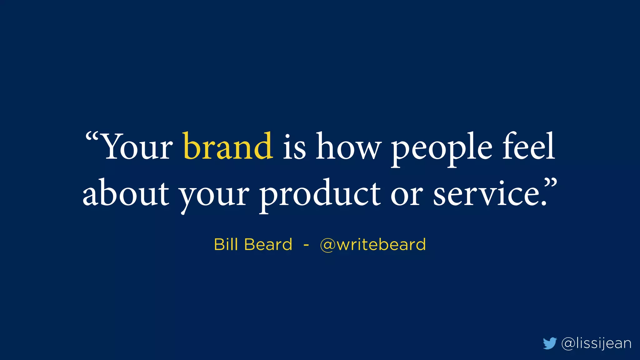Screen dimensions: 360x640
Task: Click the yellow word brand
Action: (228, 146)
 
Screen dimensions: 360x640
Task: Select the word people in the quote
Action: (442, 148)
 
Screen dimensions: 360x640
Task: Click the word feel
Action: (528, 146)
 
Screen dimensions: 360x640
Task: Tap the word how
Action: (348, 146)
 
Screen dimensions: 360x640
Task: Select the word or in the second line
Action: (407, 195)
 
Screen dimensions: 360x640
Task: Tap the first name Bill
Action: (226, 244)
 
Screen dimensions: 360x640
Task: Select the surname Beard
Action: (268, 244)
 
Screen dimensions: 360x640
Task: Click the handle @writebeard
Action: (373, 244)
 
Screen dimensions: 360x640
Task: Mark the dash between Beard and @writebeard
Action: (306, 245)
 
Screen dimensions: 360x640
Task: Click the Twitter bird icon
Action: (550, 343)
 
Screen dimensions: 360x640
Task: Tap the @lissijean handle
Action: (596, 343)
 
